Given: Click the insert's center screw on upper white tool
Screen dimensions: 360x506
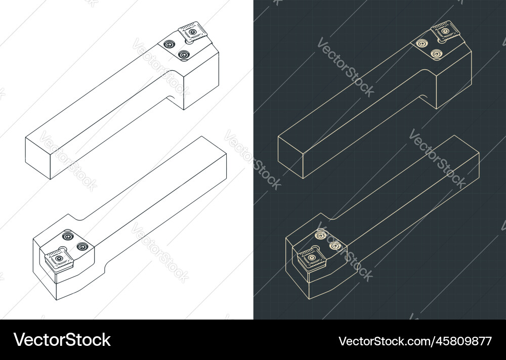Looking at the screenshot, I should click(192, 32).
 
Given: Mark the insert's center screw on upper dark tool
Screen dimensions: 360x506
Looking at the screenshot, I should click(445, 30).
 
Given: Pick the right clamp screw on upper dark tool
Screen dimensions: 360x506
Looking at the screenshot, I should click(435, 53).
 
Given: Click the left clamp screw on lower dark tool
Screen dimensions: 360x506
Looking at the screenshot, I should click(320, 234).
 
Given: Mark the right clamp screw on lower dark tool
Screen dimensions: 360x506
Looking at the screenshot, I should click(334, 246).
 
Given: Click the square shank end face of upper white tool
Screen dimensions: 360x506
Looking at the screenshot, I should click(38, 158).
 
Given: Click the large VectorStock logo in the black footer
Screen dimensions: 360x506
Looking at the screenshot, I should click(62, 340).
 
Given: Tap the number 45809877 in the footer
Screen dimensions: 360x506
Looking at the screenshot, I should click(456, 341).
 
